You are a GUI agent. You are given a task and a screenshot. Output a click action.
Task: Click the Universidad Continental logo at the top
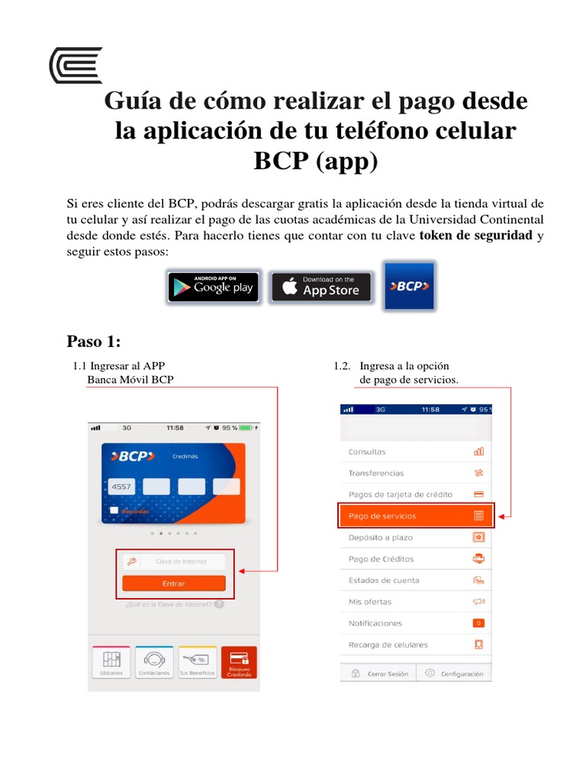75,65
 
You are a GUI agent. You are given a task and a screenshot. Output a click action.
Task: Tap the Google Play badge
213,288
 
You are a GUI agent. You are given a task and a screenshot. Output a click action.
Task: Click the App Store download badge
321,288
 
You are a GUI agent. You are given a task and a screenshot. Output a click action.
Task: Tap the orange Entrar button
174,583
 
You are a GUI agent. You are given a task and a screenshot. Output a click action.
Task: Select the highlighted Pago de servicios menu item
416,516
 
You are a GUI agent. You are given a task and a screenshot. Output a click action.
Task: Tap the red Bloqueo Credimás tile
239,663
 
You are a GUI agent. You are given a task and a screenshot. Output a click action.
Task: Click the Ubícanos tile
111,663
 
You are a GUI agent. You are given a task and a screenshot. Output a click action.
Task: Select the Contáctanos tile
154,663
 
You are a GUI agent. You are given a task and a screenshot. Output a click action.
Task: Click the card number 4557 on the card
121,486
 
